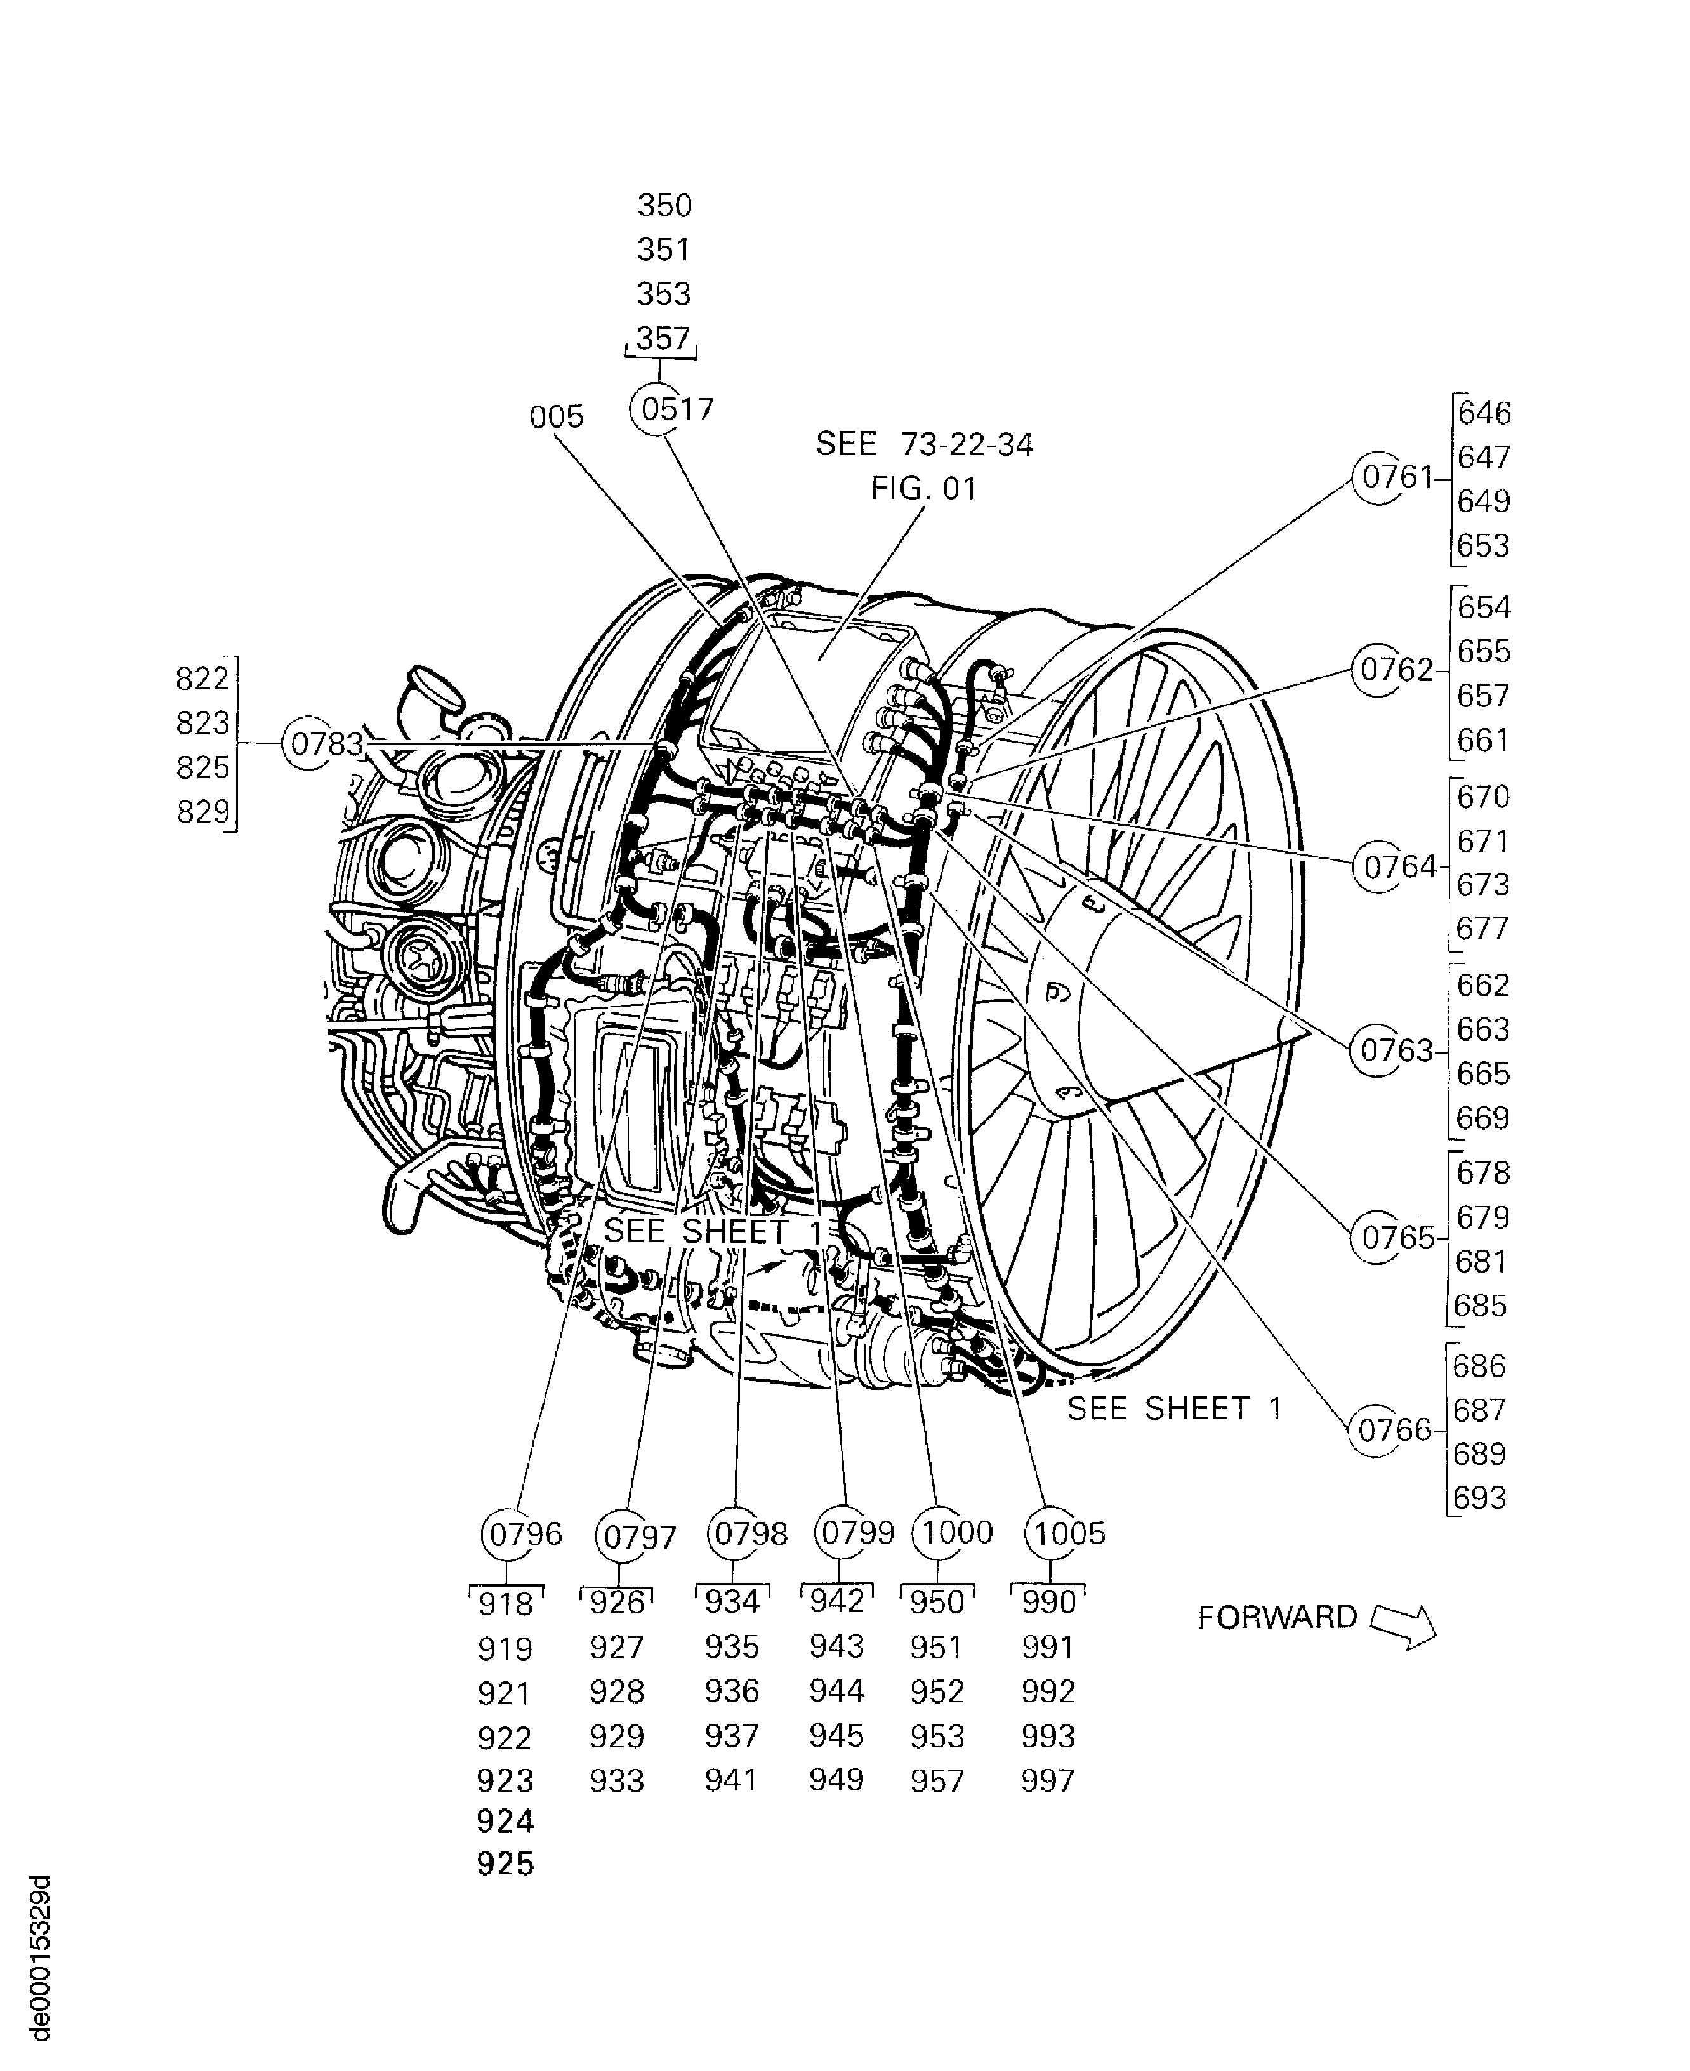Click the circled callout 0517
659,409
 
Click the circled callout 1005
1052,1533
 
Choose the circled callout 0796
509,1535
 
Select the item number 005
556,417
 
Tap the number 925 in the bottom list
505,1863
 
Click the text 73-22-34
966,444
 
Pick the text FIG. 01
923,489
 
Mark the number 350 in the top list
664,206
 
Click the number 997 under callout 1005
1048,1781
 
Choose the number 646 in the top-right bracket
1484,413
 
